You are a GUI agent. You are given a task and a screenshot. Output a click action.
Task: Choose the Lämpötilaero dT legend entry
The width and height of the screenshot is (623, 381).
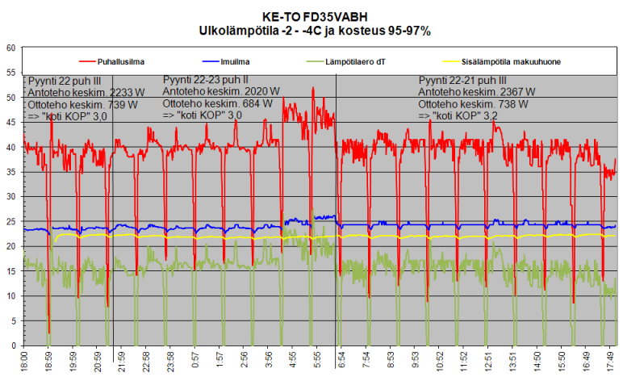point(357,61)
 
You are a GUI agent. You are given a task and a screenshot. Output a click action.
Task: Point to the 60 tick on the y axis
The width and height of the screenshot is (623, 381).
point(11,48)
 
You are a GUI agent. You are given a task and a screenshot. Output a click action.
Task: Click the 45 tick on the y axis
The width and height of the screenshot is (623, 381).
point(11,123)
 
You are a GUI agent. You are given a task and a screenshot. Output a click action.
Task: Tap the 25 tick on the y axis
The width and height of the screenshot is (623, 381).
point(11,222)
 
